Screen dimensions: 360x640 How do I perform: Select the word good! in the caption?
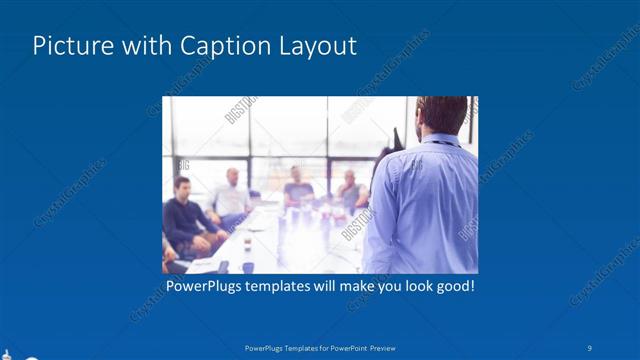click(452, 287)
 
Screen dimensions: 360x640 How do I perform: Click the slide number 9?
click(590, 347)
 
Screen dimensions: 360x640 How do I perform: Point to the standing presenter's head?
click(440, 115)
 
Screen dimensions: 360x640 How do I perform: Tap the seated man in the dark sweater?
click(186, 218)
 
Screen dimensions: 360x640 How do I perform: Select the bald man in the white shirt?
click(231, 194)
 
